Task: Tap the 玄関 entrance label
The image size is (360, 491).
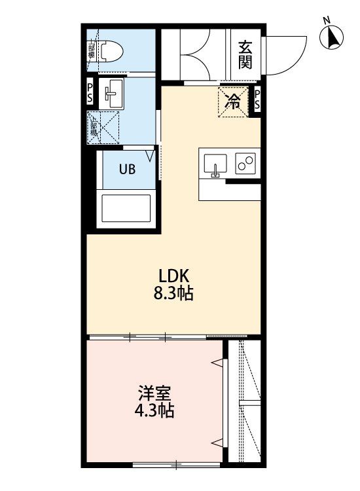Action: (x=245, y=54)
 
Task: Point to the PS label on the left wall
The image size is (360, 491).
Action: (x=91, y=92)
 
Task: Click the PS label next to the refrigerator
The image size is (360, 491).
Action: (x=257, y=100)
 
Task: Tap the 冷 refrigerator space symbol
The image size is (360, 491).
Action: (x=233, y=101)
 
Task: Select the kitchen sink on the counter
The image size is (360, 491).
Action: (x=215, y=165)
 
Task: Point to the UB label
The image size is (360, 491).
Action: (x=126, y=169)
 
